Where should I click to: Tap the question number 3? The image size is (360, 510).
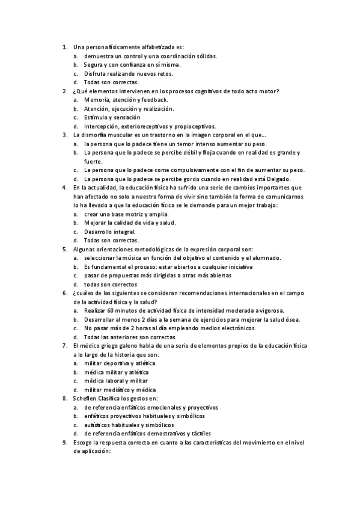[x=64, y=135]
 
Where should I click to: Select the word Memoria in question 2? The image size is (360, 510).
[x=97, y=100]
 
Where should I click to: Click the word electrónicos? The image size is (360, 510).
[x=238, y=328]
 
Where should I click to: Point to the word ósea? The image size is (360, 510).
[x=291, y=319]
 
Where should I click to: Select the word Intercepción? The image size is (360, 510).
[x=103, y=126]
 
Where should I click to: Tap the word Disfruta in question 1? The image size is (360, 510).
[x=97, y=73]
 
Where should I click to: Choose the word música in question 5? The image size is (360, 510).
[x=140, y=258]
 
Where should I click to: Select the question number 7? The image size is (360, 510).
[x=64, y=346]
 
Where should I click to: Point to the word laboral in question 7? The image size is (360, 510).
[x=118, y=381]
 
